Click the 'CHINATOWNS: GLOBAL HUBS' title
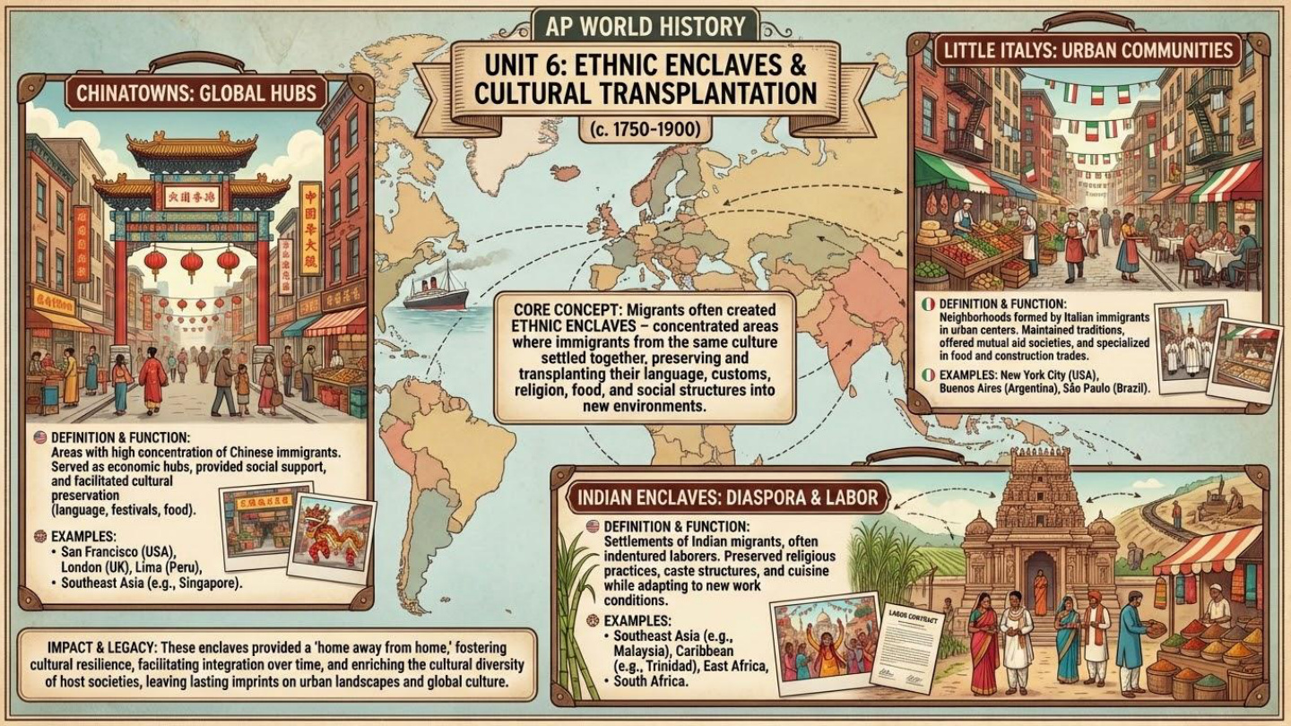(x=196, y=92)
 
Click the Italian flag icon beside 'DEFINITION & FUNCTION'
(x=928, y=304)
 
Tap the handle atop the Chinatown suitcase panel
(x=196, y=64)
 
